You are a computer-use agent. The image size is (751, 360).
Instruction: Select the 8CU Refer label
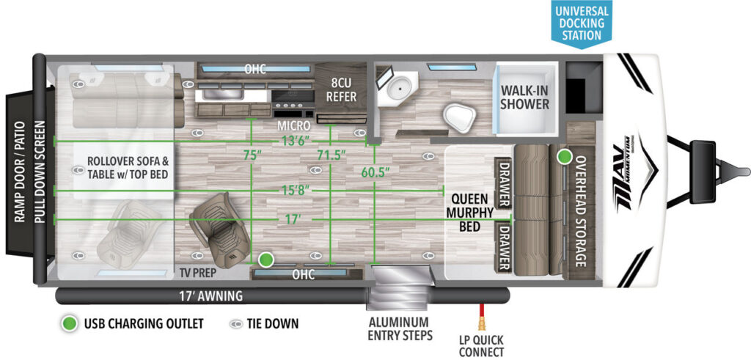(342, 90)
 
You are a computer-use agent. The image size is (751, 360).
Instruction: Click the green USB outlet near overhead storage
(564, 157)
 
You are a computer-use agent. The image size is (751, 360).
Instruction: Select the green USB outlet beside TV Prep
(265, 260)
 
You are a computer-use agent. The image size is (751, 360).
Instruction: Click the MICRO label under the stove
(293, 126)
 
